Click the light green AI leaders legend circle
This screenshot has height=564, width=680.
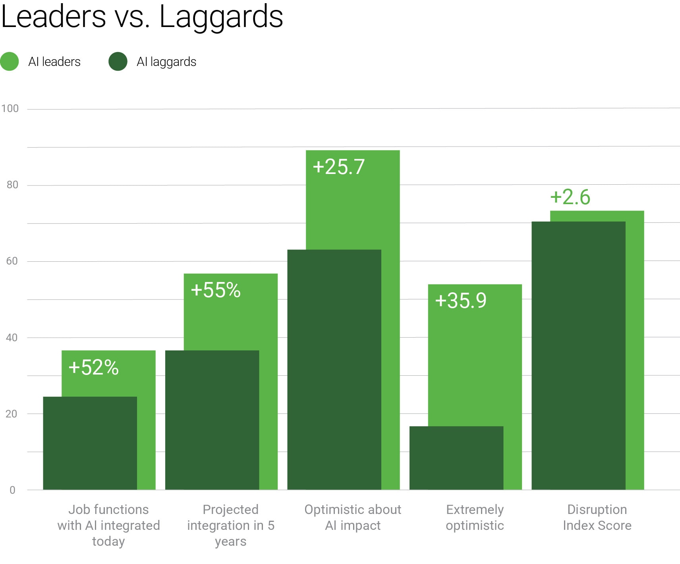pyautogui.click(x=10, y=62)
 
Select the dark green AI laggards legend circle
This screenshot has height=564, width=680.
pyautogui.click(x=118, y=62)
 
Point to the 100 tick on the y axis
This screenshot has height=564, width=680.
pyautogui.click(x=10, y=108)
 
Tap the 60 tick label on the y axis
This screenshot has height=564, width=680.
pyautogui.click(x=12, y=261)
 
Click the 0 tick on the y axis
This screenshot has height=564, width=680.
pyautogui.click(x=12, y=490)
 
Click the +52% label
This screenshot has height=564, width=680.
pyautogui.click(x=93, y=367)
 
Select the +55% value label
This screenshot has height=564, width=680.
pyautogui.click(x=216, y=290)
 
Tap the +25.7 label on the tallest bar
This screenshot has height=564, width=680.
pyautogui.click(x=338, y=167)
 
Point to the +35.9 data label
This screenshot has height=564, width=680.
pyautogui.click(x=461, y=300)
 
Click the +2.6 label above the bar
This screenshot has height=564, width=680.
pyautogui.click(x=570, y=197)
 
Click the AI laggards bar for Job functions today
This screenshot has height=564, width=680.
pyautogui.click(x=90, y=443)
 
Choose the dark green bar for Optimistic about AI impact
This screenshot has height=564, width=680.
pyautogui.click(x=334, y=369)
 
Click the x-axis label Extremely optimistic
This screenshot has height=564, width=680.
pyautogui.click(x=475, y=517)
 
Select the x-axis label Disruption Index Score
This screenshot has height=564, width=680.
pyautogui.click(x=597, y=517)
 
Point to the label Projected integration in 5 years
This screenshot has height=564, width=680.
pyautogui.click(x=231, y=525)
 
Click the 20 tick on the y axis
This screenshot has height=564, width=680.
pyautogui.click(x=12, y=414)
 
